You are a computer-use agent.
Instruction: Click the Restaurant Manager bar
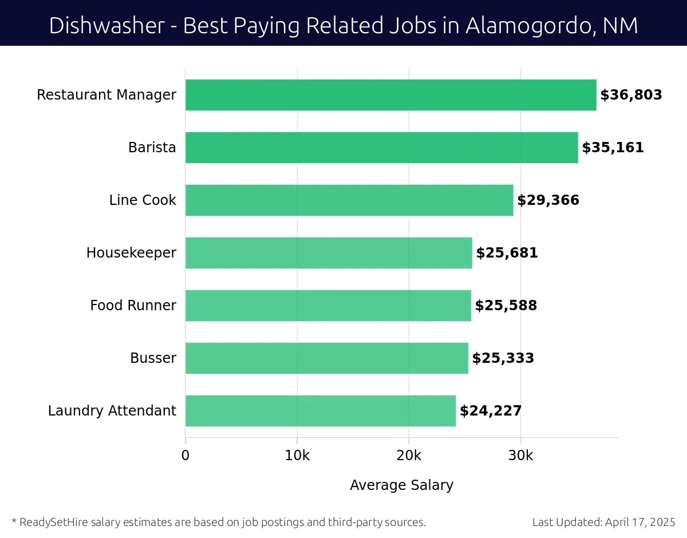click(x=390, y=95)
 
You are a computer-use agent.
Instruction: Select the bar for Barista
click(x=381, y=148)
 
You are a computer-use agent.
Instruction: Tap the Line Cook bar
click(x=349, y=200)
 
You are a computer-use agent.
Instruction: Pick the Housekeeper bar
click(x=329, y=253)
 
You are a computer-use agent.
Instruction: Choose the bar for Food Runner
click(x=328, y=306)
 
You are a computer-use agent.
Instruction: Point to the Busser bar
click(x=326, y=358)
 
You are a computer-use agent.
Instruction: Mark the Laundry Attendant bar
click(x=321, y=411)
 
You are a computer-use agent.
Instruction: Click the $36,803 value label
click(x=631, y=95)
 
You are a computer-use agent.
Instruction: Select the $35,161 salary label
click(x=613, y=148)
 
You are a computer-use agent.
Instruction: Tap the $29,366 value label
click(x=548, y=200)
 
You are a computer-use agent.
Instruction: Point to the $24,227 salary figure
click(x=491, y=411)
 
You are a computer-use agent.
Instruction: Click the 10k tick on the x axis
click(x=297, y=456)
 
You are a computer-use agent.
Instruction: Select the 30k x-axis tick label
click(x=520, y=456)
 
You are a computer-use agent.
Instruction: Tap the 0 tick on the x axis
click(x=185, y=456)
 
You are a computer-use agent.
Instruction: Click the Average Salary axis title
click(x=401, y=485)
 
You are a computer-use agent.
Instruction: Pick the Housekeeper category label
click(x=131, y=253)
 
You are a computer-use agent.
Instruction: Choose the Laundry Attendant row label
click(x=112, y=411)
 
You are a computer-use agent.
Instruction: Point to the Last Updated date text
click(x=603, y=522)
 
